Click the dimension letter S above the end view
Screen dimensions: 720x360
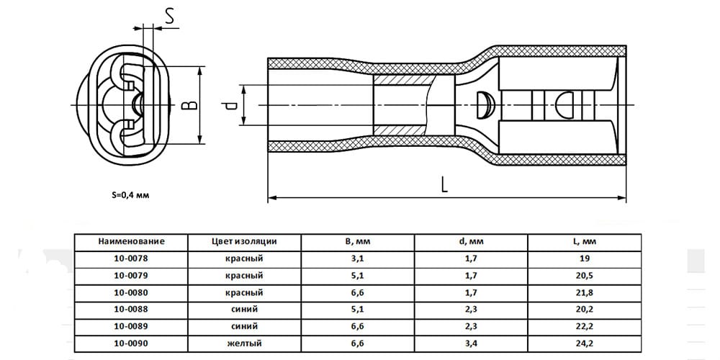tap(169, 17)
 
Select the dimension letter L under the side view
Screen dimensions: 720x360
tap(444, 184)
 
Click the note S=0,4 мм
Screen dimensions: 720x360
tap(130, 194)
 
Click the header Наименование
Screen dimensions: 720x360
tap(131, 241)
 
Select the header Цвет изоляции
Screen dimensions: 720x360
tap(244, 241)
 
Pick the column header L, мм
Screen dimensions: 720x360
tap(585, 241)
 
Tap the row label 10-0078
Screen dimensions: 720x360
tap(131, 258)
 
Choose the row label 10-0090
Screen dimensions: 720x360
tap(131, 343)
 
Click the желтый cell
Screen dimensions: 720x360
tap(244, 343)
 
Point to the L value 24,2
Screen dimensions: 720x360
tap(585, 343)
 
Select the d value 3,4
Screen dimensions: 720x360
tap(471, 343)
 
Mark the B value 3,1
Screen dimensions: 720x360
tap(358, 259)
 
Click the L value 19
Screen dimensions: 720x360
tap(585, 258)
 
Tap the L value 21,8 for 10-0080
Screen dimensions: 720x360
tap(585, 292)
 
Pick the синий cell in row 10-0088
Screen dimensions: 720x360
tap(244, 310)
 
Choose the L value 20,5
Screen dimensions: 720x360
tap(585, 276)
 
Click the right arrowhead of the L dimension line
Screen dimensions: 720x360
tap(622, 198)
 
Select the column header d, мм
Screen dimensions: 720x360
tap(471, 241)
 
